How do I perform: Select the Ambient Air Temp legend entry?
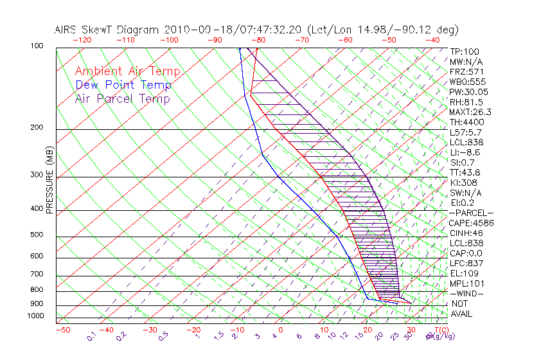pyautogui.click(x=127, y=71)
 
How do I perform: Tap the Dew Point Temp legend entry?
pyautogui.click(x=123, y=85)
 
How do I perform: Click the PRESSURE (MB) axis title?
pyautogui.click(x=49, y=181)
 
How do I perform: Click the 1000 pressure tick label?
pyautogui.click(x=36, y=316)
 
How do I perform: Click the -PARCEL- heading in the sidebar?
pyautogui.click(x=471, y=213)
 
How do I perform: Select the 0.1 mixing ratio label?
pyautogui.click(x=91, y=336)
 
